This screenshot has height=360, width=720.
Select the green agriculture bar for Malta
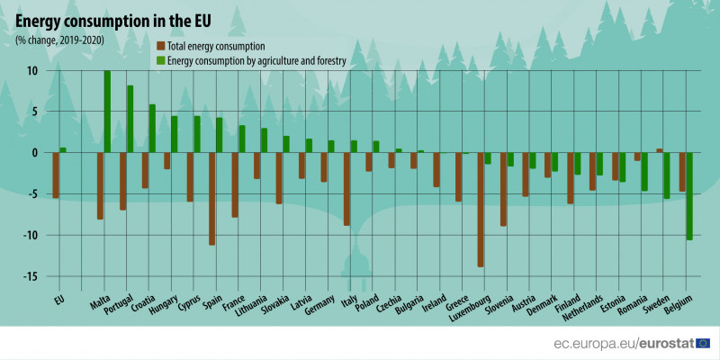click(107, 112)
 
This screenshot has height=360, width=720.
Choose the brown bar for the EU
click(56, 175)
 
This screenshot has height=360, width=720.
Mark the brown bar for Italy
click(346, 188)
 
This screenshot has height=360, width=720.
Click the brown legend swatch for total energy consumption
click(160, 45)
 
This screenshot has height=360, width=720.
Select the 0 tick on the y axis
click(34, 153)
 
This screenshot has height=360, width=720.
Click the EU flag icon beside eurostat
click(703, 343)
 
